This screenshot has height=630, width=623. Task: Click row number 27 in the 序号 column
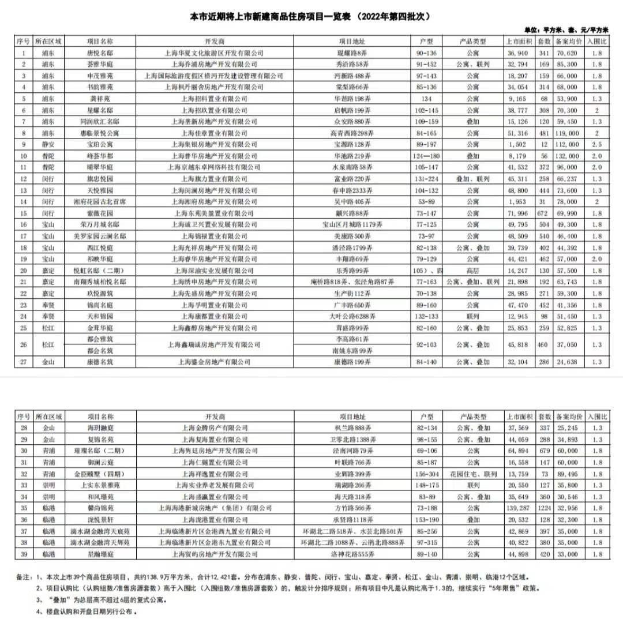(x=23, y=362)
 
